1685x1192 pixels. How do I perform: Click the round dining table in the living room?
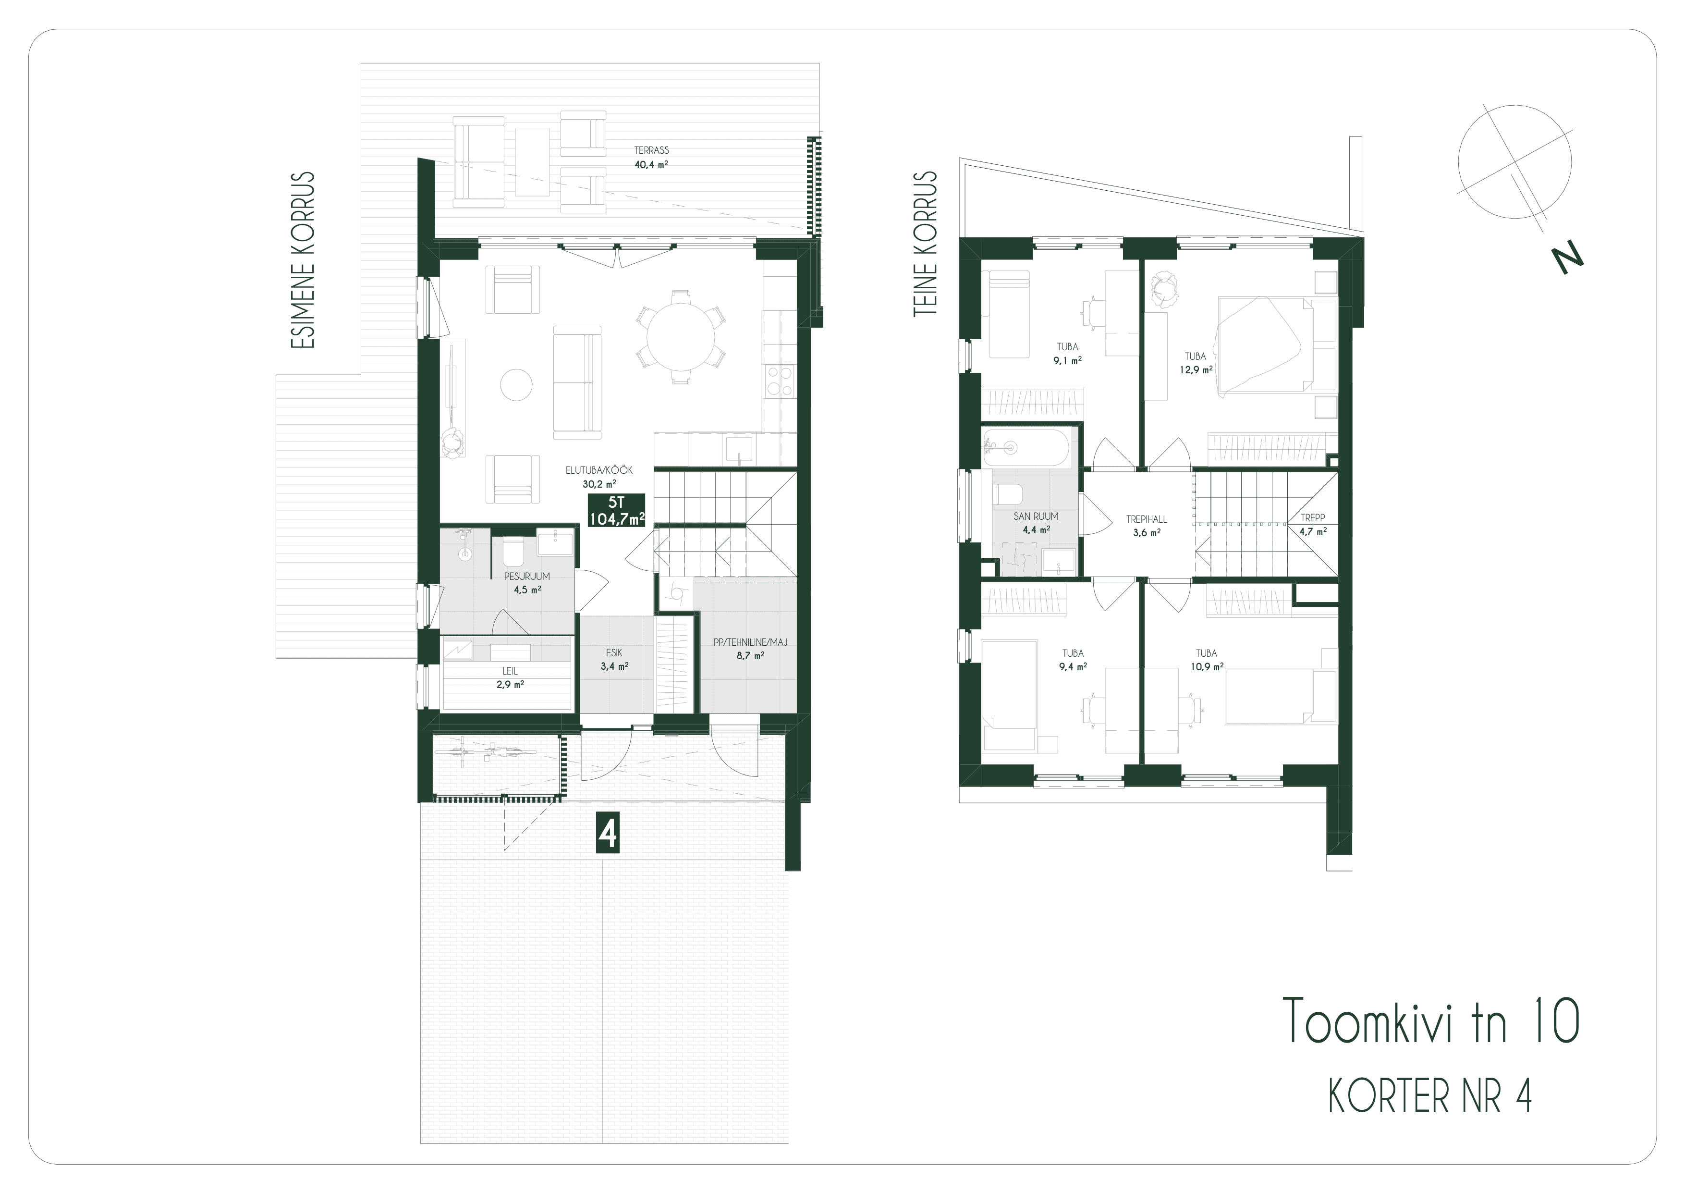pyautogui.click(x=680, y=338)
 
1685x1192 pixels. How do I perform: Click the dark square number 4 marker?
pyautogui.click(x=607, y=833)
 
